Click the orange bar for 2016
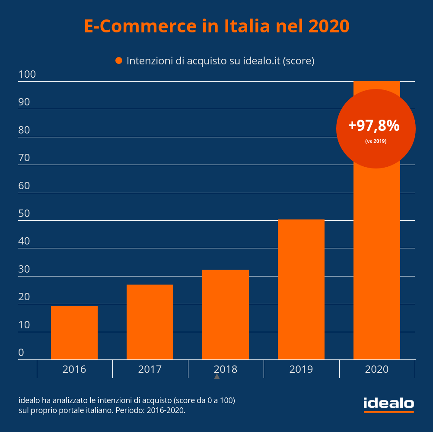coord(74,333)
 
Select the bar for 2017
coord(150,322)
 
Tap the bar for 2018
coord(226,314)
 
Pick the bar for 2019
coord(301,289)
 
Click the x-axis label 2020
coord(377,369)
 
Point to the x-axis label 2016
coord(74,369)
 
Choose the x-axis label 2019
coord(301,369)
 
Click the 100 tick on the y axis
coord(27,75)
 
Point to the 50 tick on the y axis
coord(24,213)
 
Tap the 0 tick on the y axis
coord(21,353)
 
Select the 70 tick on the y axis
coord(24,158)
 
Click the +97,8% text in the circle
coord(374,126)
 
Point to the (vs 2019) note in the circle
coord(376,141)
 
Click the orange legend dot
coord(119,61)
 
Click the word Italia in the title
coord(247,26)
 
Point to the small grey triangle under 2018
coord(217,377)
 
